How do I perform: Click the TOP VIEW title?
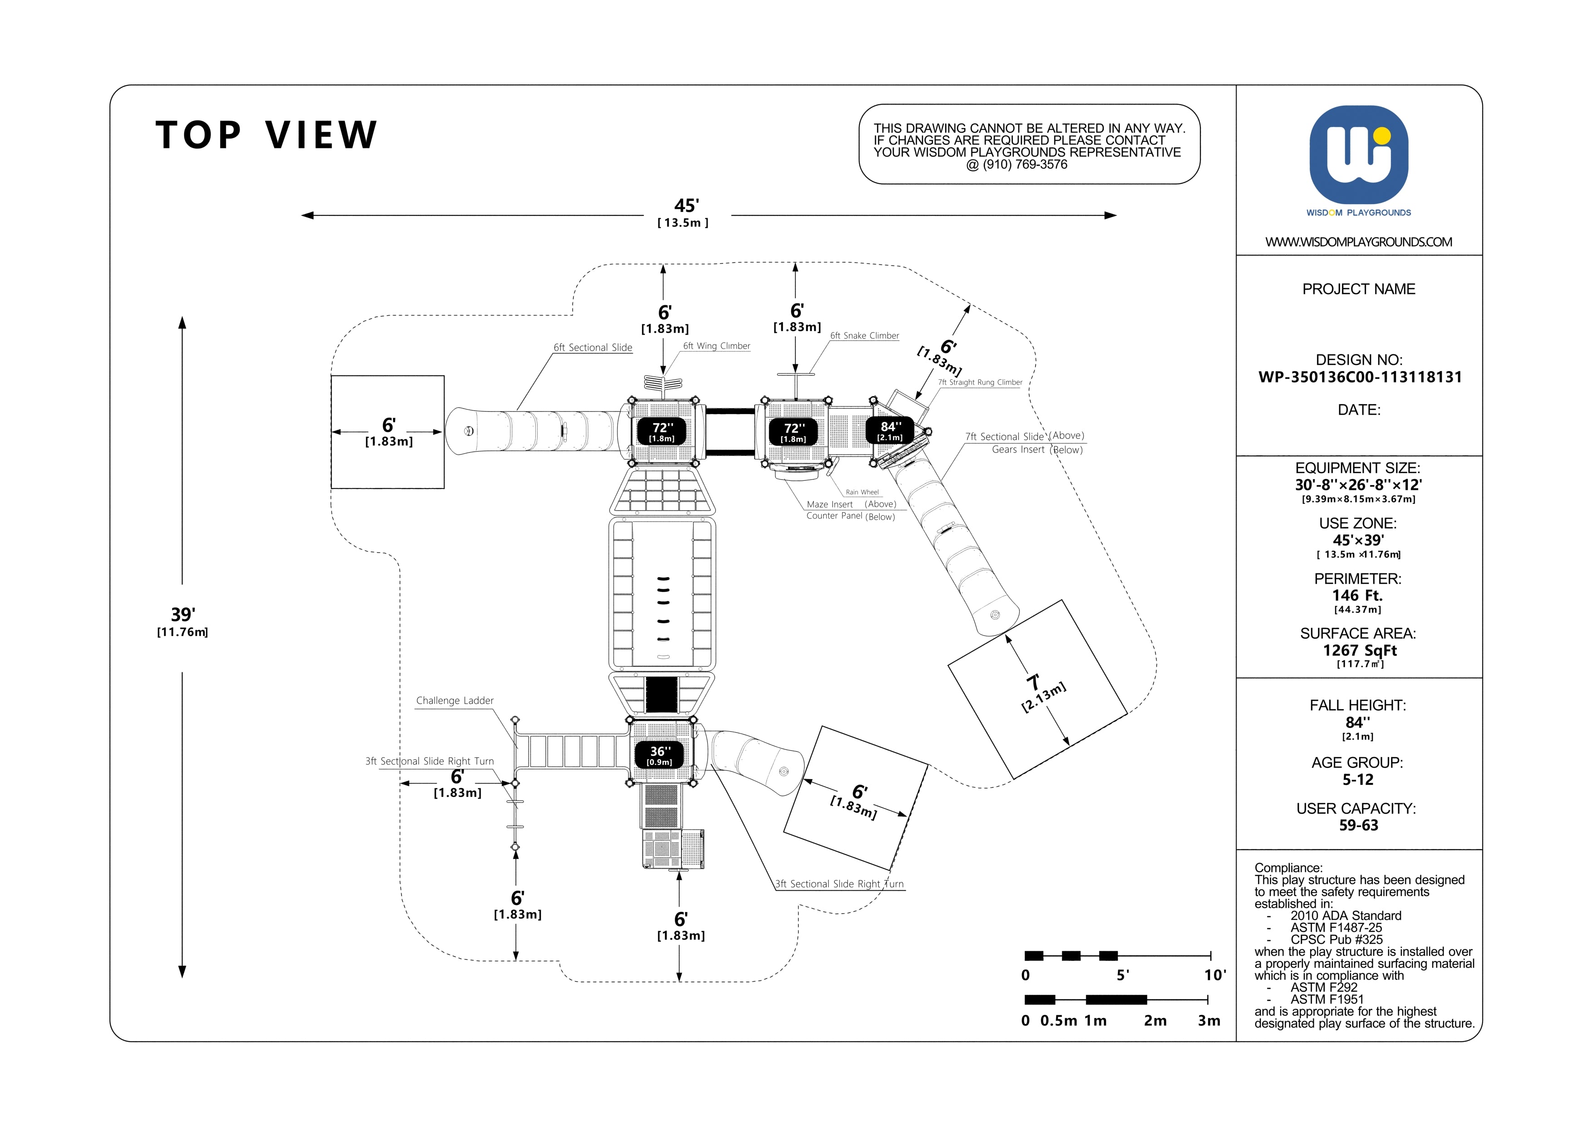click(267, 135)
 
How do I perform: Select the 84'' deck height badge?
click(891, 430)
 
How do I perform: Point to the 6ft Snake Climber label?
click(865, 336)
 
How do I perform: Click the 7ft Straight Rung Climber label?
click(980, 382)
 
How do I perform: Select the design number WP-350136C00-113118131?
click(1360, 377)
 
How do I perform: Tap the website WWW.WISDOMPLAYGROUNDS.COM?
click(1358, 242)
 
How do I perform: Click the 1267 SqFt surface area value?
click(1360, 651)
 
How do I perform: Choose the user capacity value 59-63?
click(1358, 825)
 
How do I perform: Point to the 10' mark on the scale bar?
click(1215, 975)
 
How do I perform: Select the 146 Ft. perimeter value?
click(1357, 595)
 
